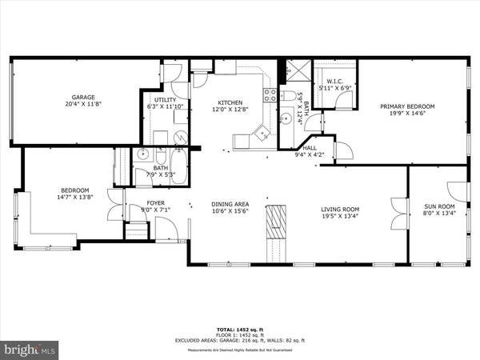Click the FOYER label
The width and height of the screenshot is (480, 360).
155,203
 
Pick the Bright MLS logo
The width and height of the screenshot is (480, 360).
30,350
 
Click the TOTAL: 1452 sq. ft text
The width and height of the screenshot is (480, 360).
240,330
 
